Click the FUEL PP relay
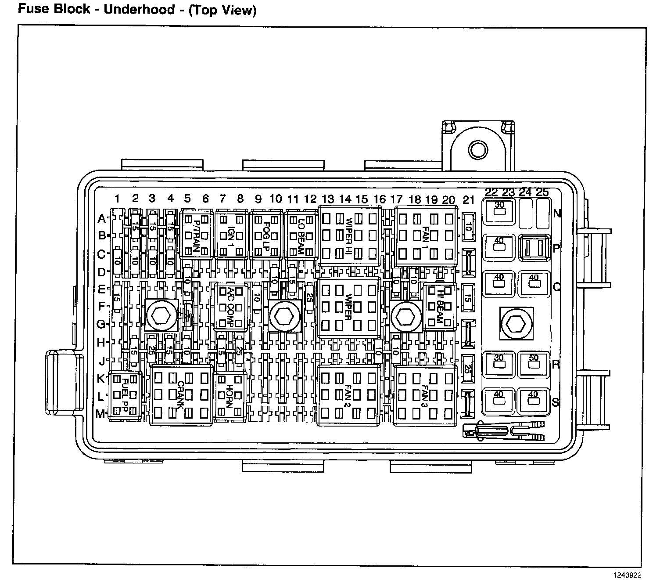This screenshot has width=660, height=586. coord(125,396)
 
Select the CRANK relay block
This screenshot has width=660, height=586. coord(181,395)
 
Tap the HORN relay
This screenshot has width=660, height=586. coord(230,395)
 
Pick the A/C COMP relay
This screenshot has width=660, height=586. coord(231,306)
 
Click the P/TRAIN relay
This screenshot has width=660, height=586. coord(196,234)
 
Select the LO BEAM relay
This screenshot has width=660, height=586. coord(301,234)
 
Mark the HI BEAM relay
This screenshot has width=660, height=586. coord(438,306)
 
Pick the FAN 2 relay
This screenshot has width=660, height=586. coord(348,395)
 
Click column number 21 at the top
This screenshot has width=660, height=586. coord(469,200)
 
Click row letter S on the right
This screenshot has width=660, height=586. coord(556,402)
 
